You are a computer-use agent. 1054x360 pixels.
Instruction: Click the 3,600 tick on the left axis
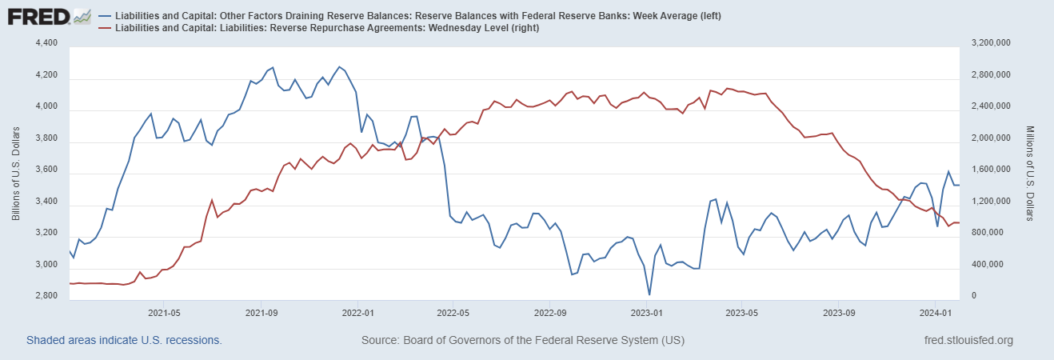point(46,170)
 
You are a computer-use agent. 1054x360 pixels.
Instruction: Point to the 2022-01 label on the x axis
point(357,313)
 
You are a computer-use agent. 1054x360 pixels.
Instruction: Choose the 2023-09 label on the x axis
point(839,313)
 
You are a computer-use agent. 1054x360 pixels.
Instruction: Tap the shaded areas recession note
point(124,340)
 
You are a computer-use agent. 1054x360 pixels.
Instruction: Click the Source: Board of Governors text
point(523,340)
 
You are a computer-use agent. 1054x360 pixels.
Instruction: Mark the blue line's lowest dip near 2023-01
point(649,294)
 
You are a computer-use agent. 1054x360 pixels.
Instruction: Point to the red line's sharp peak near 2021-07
point(211,200)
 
